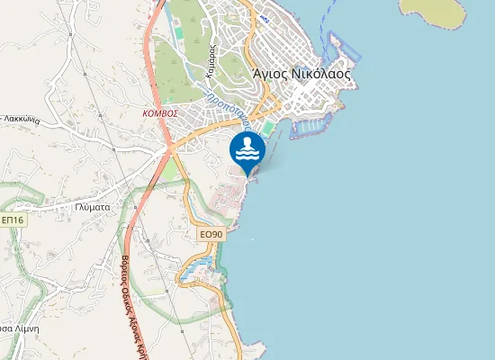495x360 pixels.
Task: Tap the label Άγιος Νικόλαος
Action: pos(301,75)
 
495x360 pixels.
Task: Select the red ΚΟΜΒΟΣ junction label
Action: pos(159,114)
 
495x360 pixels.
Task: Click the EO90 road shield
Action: pos(211,234)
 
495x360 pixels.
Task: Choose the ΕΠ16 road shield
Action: pos(13,220)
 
